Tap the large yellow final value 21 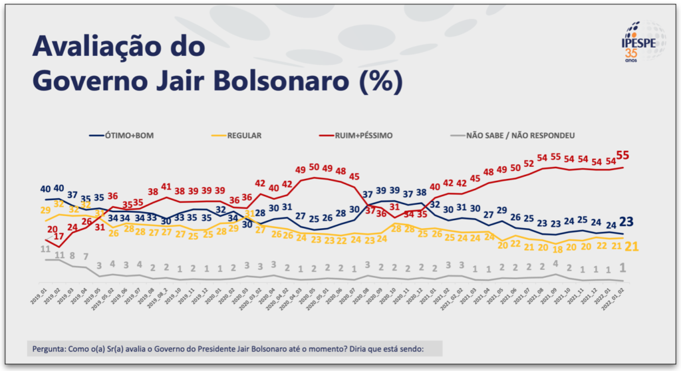[630, 247]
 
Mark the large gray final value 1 [623, 267]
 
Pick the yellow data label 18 [557, 249]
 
